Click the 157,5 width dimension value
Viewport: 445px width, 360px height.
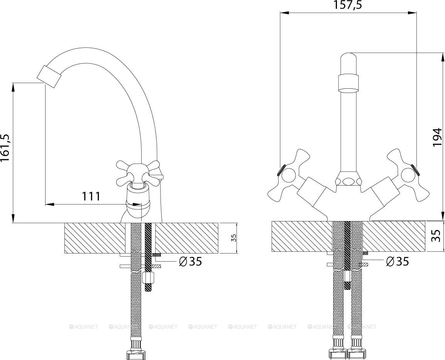tap(348, 5)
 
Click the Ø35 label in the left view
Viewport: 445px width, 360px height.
tap(191, 262)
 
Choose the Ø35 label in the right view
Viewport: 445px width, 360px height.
tap(398, 262)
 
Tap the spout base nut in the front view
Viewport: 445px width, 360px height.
tap(348, 180)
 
